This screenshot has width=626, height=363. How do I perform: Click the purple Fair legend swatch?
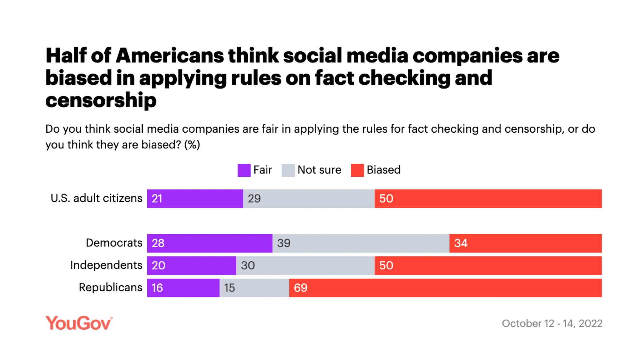click(x=244, y=170)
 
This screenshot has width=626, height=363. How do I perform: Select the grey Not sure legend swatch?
click(x=288, y=170)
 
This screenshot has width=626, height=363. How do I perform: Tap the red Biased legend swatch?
click(x=357, y=170)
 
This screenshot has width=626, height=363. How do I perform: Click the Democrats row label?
click(x=114, y=243)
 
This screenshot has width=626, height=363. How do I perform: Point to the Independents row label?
click(x=106, y=265)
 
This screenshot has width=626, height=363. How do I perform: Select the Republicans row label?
click(x=110, y=288)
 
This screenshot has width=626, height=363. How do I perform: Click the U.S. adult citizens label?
click(x=96, y=198)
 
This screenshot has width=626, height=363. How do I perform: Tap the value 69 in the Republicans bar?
click(x=300, y=288)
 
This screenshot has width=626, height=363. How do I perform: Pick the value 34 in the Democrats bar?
click(x=460, y=243)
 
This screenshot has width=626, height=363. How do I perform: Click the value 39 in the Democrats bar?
click(x=283, y=243)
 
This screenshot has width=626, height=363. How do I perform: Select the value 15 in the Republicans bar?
click(x=229, y=288)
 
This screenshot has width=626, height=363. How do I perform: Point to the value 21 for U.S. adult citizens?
click(x=157, y=199)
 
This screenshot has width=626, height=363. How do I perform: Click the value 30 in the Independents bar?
click(x=248, y=266)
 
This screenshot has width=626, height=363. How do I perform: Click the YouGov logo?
click(x=79, y=323)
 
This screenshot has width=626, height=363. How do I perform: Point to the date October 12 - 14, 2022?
click(x=552, y=324)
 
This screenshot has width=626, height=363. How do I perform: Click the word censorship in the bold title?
click(x=101, y=101)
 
